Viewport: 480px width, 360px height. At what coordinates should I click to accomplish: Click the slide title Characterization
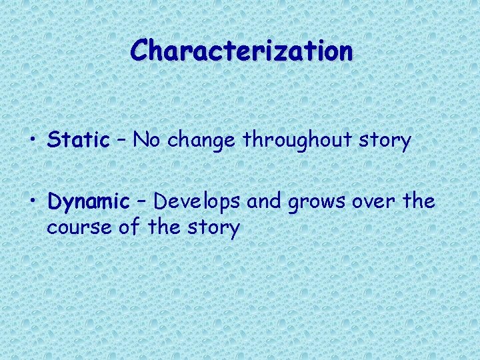(x=241, y=51)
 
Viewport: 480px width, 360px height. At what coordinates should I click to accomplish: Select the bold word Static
(x=78, y=140)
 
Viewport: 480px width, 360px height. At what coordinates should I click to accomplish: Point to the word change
(x=203, y=140)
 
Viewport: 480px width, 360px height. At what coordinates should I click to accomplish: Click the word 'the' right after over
(x=419, y=201)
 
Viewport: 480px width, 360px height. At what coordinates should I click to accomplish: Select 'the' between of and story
(x=164, y=227)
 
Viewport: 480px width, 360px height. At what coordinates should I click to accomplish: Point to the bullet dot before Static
(x=33, y=141)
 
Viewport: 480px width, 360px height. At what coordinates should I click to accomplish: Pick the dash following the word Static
(x=121, y=141)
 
